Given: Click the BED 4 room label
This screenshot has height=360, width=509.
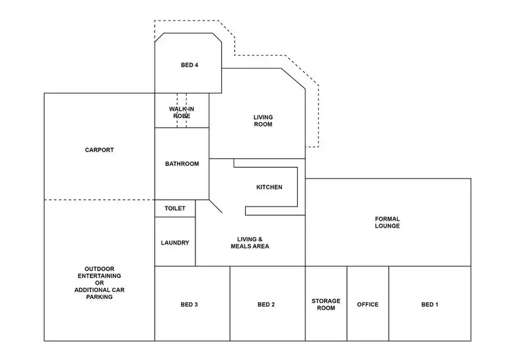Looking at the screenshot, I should coord(189,65).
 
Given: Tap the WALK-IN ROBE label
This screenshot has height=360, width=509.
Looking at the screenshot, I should coord(181,112).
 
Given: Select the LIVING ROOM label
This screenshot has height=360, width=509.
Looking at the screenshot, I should coord(263,121).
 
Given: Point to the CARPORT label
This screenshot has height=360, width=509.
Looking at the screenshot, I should coord(99,150).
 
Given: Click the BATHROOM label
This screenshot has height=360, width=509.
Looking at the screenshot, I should coord(182,164).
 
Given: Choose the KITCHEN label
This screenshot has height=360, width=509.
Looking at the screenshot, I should coord(269,187).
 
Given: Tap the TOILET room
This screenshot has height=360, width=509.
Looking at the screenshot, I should coord(175,209).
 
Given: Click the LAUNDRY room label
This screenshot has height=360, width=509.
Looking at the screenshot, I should coord(175,242).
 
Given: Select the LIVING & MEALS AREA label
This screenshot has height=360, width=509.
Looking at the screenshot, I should coord(249,242).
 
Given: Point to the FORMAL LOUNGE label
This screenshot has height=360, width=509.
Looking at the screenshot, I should coord(388,222).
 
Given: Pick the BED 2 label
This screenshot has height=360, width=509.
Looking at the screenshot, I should coord(266,304).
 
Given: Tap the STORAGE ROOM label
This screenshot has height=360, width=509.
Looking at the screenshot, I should coord(326,304).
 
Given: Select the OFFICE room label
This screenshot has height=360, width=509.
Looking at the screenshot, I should coord(368,304).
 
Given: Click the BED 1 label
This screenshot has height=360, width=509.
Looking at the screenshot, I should coord(430,304).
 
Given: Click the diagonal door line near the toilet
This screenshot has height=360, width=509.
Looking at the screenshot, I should coord(216,206).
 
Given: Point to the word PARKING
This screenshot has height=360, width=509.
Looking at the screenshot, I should coord(99,297).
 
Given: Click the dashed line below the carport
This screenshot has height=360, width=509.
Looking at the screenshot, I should coord(99,200).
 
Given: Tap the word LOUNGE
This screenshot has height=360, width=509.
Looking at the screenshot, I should coord(388,226).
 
